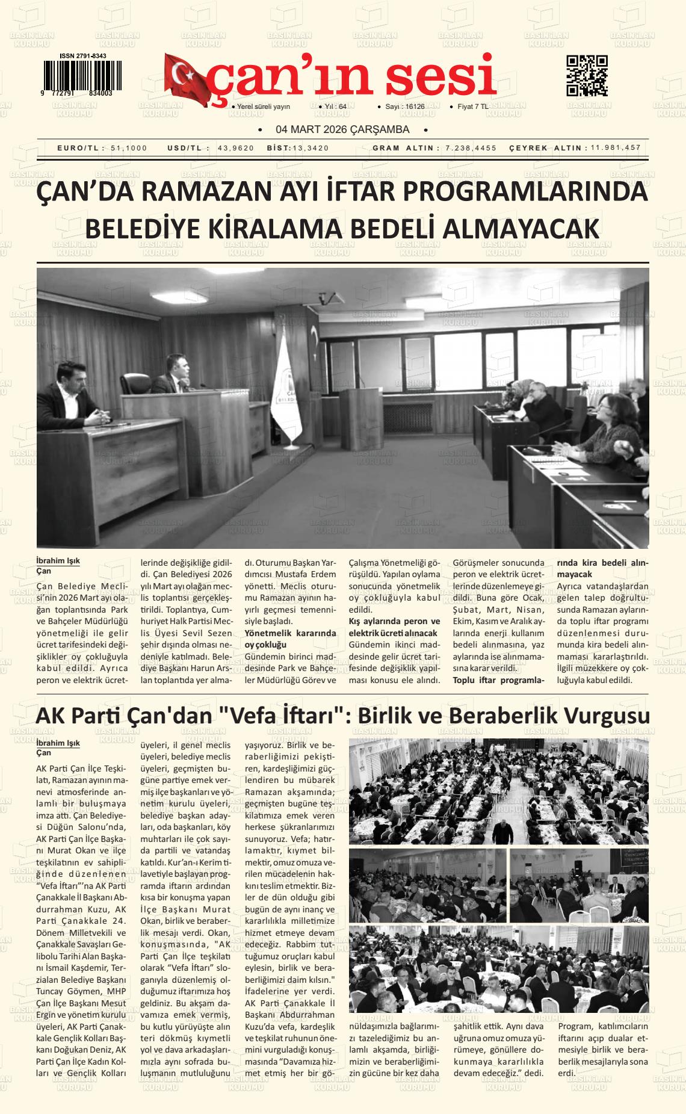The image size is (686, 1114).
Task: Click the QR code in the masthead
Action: point(587,76)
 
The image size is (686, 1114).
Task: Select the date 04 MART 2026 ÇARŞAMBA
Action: point(342,129)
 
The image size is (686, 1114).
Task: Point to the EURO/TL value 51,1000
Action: point(129,148)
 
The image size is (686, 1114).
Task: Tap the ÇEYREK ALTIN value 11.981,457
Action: point(615,148)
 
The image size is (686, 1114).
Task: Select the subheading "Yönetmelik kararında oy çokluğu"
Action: point(290,639)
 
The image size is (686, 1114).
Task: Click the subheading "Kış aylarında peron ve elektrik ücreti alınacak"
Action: point(394,627)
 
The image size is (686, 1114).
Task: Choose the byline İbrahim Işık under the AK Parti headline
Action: point(58,743)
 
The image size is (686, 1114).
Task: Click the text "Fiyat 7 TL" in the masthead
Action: point(473,107)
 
